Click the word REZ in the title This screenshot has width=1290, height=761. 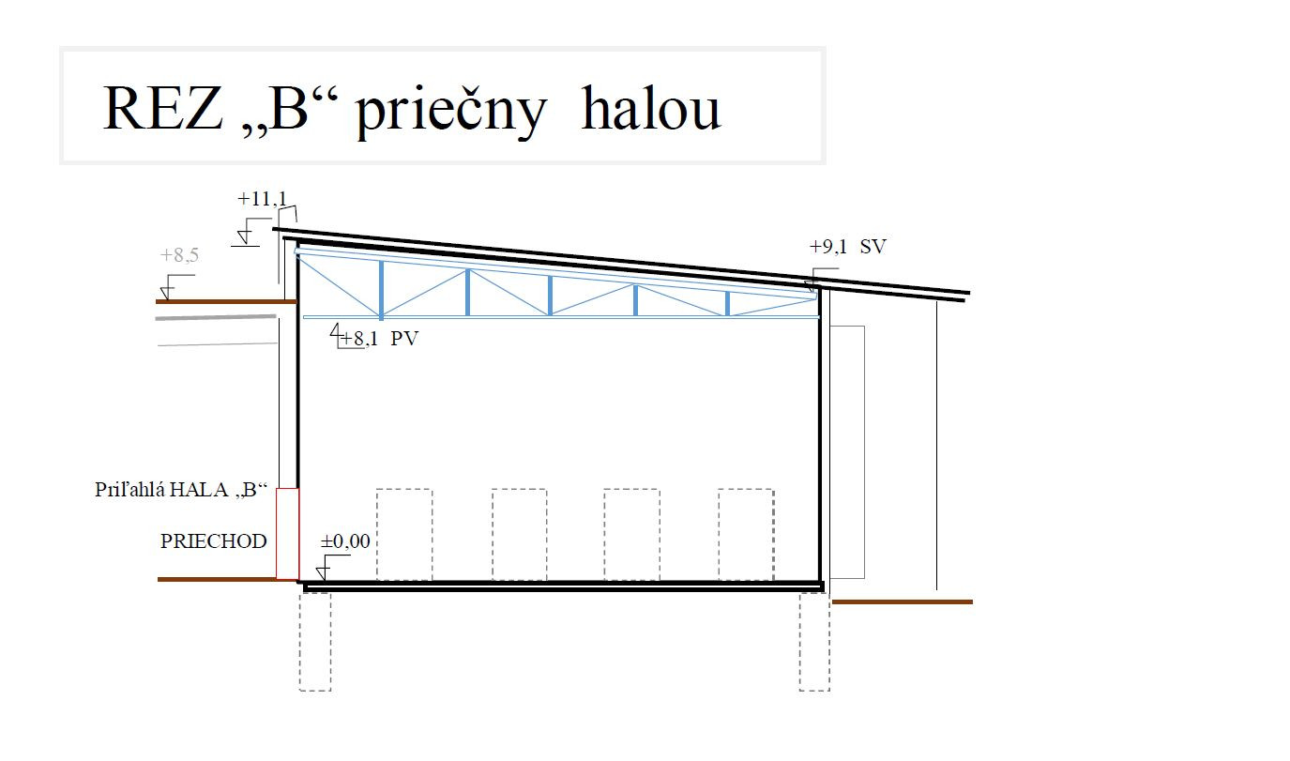[x=162, y=108]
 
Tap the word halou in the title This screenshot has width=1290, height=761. [x=651, y=107]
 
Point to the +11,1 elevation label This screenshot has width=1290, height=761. [x=262, y=199]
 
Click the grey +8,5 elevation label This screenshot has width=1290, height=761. [x=179, y=255]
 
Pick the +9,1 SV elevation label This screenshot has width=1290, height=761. [x=848, y=247]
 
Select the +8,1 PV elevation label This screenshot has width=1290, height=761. [x=379, y=339]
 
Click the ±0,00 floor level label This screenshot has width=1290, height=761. [x=345, y=541]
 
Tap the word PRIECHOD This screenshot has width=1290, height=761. [x=214, y=541]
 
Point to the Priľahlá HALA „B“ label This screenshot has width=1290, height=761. [x=181, y=490]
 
